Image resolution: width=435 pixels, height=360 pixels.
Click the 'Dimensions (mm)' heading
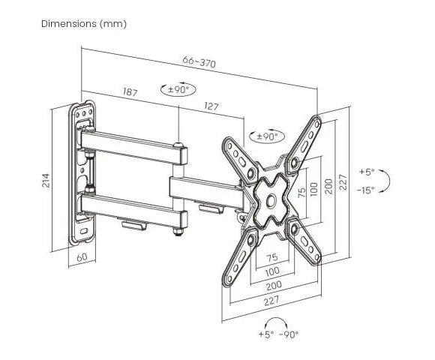(x=84, y=24)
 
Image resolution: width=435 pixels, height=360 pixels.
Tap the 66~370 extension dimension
(x=199, y=61)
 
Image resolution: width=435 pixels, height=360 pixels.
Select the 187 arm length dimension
(x=130, y=91)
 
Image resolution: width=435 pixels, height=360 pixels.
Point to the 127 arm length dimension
(x=211, y=106)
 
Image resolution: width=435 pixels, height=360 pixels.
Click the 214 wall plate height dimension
(x=46, y=181)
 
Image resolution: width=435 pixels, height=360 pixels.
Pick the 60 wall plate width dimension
(x=82, y=257)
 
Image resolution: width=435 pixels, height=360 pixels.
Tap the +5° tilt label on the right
(x=367, y=172)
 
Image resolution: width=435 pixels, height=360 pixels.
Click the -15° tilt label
(x=366, y=190)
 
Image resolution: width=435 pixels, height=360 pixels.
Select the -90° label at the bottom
(x=289, y=334)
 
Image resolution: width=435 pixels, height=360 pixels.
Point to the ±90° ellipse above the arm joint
(x=178, y=89)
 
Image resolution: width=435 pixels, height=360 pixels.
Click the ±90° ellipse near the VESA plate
(x=267, y=136)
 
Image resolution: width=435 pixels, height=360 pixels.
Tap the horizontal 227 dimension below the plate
(x=271, y=300)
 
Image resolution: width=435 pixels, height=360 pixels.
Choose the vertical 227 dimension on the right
(x=343, y=182)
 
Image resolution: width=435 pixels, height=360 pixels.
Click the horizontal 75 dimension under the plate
(x=271, y=257)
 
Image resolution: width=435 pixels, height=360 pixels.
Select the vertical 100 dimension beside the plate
(x=313, y=189)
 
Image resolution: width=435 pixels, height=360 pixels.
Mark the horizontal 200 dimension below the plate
(x=274, y=285)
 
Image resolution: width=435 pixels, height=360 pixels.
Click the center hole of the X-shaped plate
(x=271, y=200)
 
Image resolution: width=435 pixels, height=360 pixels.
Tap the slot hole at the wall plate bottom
(x=83, y=231)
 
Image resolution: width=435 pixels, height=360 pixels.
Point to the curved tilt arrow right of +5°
(x=386, y=181)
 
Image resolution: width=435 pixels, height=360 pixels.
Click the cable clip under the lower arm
(x=134, y=225)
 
